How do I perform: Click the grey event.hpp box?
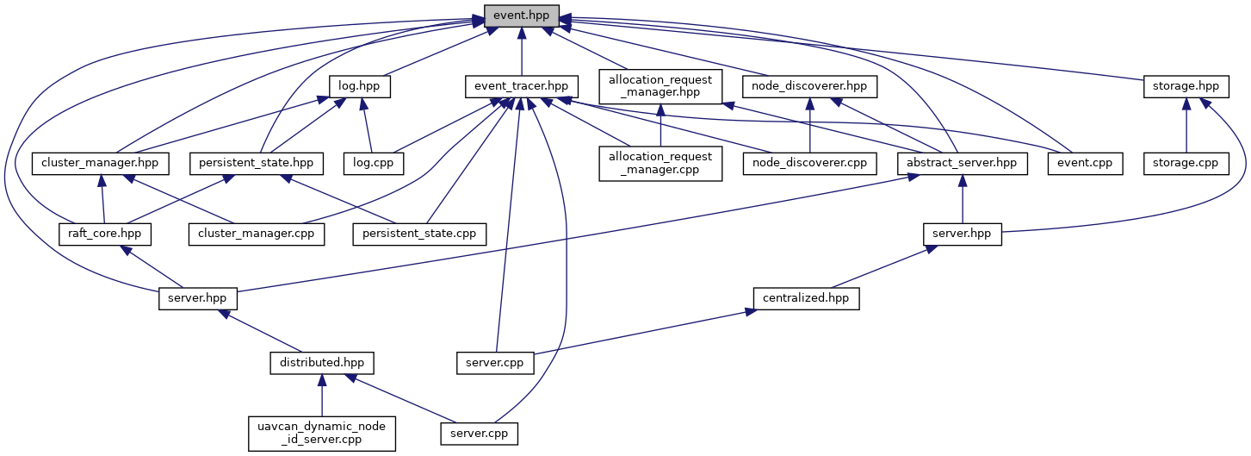click(x=521, y=16)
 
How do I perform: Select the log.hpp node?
click(x=359, y=86)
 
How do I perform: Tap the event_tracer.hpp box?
click(x=521, y=86)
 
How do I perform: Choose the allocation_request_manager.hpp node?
click(x=660, y=86)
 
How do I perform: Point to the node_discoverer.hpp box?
click(x=809, y=86)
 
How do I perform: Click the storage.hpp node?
click(x=1186, y=86)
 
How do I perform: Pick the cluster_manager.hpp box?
click(x=100, y=164)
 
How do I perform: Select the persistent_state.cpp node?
click(x=419, y=234)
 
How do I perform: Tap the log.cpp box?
click(x=373, y=164)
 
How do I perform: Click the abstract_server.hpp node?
click(x=962, y=164)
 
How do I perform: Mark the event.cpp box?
click(x=1085, y=164)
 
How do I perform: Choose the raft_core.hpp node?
click(x=104, y=234)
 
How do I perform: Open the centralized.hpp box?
click(x=806, y=298)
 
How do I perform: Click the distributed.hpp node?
click(x=322, y=363)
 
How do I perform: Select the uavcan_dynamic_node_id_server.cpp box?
click(x=322, y=434)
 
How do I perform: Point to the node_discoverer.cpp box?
click(x=809, y=164)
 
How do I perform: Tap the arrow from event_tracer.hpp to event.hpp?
click(x=522, y=52)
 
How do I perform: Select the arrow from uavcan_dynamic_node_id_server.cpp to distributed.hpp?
click(x=322, y=395)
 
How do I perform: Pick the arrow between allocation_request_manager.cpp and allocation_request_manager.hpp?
click(x=660, y=125)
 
